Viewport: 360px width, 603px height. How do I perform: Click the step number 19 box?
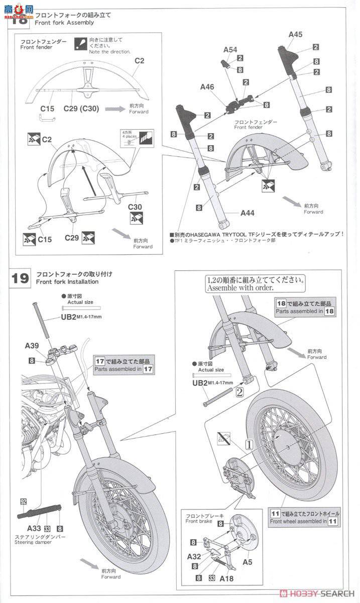click(x=20, y=278)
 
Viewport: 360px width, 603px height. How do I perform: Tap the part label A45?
click(x=295, y=35)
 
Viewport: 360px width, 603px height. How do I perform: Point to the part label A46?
click(x=207, y=87)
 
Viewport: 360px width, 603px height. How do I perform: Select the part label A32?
click(x=194, y=556)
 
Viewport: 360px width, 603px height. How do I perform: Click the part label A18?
click(x=226, y=578)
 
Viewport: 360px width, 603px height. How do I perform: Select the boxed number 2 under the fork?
click(x=239, y=392)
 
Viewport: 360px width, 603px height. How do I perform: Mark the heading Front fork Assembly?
click(x=65, y=23)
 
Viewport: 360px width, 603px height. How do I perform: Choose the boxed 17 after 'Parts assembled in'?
click(x=148, y=369)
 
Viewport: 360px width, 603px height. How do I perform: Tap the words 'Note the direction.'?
click(x=109, y=52)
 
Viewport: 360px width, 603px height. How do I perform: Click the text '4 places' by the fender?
click(x=127, y=137)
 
